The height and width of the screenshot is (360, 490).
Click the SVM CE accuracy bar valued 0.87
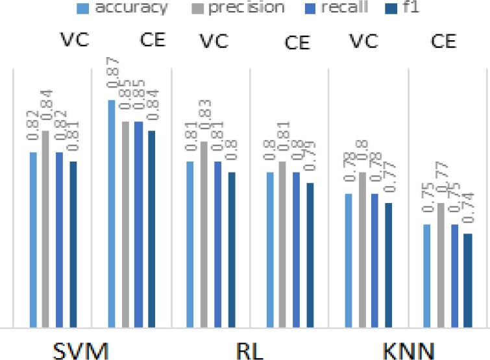coord(112,214)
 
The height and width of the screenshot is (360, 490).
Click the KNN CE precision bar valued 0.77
coord(441,265)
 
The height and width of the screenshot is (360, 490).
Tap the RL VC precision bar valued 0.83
coord(203,234)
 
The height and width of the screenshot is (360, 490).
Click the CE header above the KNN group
coord(447,43)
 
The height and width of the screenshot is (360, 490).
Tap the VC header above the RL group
coord(214,40)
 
